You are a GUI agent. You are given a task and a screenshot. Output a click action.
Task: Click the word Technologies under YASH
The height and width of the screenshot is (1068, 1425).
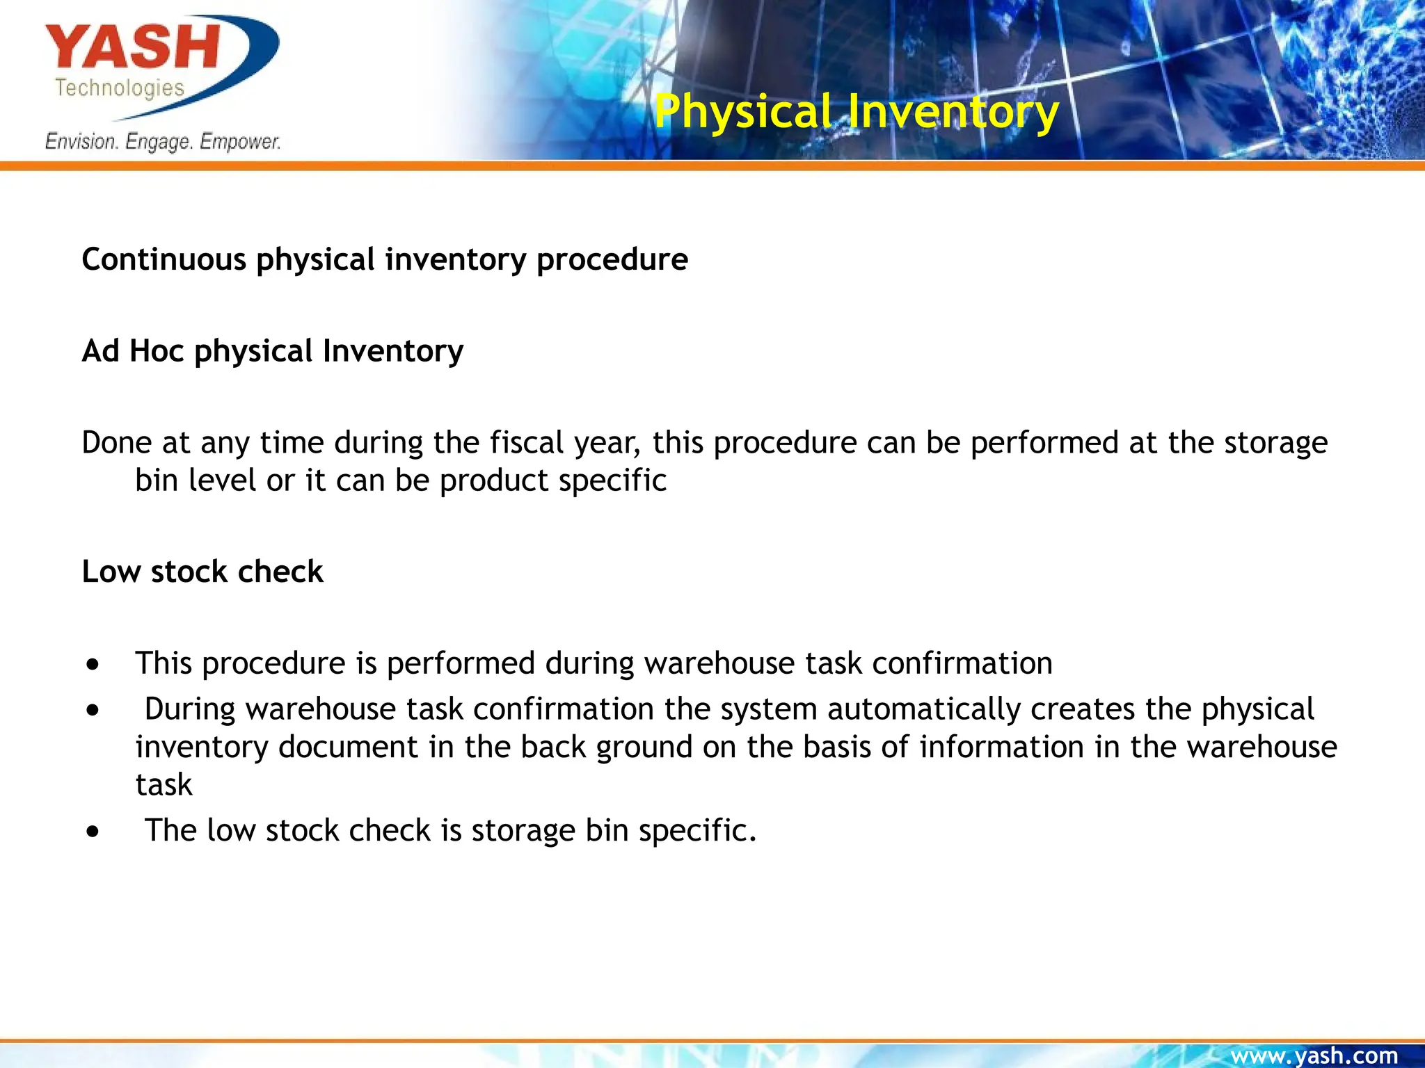pos(120,88)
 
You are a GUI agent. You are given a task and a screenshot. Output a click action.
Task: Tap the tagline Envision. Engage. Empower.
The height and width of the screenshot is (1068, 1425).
pos(163,141)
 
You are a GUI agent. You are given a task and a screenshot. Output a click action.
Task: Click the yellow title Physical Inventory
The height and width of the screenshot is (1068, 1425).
pos(857,111)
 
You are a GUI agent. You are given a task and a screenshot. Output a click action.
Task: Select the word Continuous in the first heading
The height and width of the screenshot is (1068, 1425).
pos(164,259)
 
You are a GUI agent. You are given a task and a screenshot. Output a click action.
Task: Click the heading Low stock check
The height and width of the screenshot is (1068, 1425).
pos(202,572)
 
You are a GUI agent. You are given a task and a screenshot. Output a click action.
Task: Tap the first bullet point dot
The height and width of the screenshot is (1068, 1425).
pos(93,665)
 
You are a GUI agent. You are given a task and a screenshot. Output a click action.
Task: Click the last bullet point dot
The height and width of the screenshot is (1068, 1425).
pos(93,832)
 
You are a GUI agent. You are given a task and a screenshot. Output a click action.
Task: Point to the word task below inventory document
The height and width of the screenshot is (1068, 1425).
pos(164,785)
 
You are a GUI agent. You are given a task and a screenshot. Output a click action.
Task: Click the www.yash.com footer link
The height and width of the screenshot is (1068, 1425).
pos(1314,1055)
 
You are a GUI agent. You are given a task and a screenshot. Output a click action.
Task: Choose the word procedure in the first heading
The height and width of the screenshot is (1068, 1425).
pos(612,259)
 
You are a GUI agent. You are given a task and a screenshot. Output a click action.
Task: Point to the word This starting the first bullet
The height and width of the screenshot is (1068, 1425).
pos(164,663)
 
